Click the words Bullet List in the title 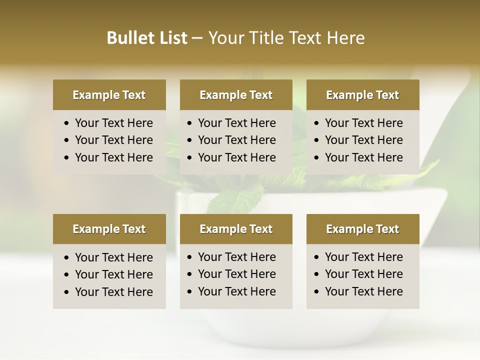[146, 38]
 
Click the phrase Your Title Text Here [286, 38]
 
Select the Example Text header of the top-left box [109, 95]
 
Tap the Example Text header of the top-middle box [236, 95]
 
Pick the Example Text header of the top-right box [362, 95]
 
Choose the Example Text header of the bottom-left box [109, 229]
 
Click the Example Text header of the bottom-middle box [236, 229]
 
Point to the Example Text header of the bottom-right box [362, 229]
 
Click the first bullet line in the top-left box [113, 123]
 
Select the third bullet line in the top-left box [113, 157]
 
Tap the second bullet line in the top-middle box [236, 140]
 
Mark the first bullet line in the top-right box [363, 123]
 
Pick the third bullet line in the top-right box [363, 157]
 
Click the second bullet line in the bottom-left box [113, 274]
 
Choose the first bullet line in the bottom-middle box [236, 257]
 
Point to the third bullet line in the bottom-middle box [236, 291]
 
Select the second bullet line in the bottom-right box [363, 274]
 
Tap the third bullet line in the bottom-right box [363, 291]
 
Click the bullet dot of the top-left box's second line [67, 140]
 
